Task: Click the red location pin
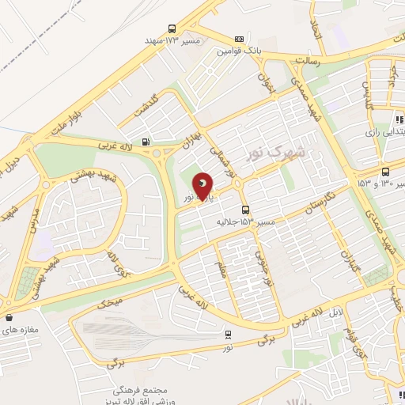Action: tap(203, 187)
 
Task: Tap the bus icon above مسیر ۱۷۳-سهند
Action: tap(172, 28)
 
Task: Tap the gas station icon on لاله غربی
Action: tap(145, 142)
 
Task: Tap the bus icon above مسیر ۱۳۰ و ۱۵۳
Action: tap(385, 172)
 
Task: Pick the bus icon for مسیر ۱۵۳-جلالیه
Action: tap(246, 210)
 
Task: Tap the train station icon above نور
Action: tap(229, 334)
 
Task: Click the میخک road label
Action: tap(111, 301)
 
